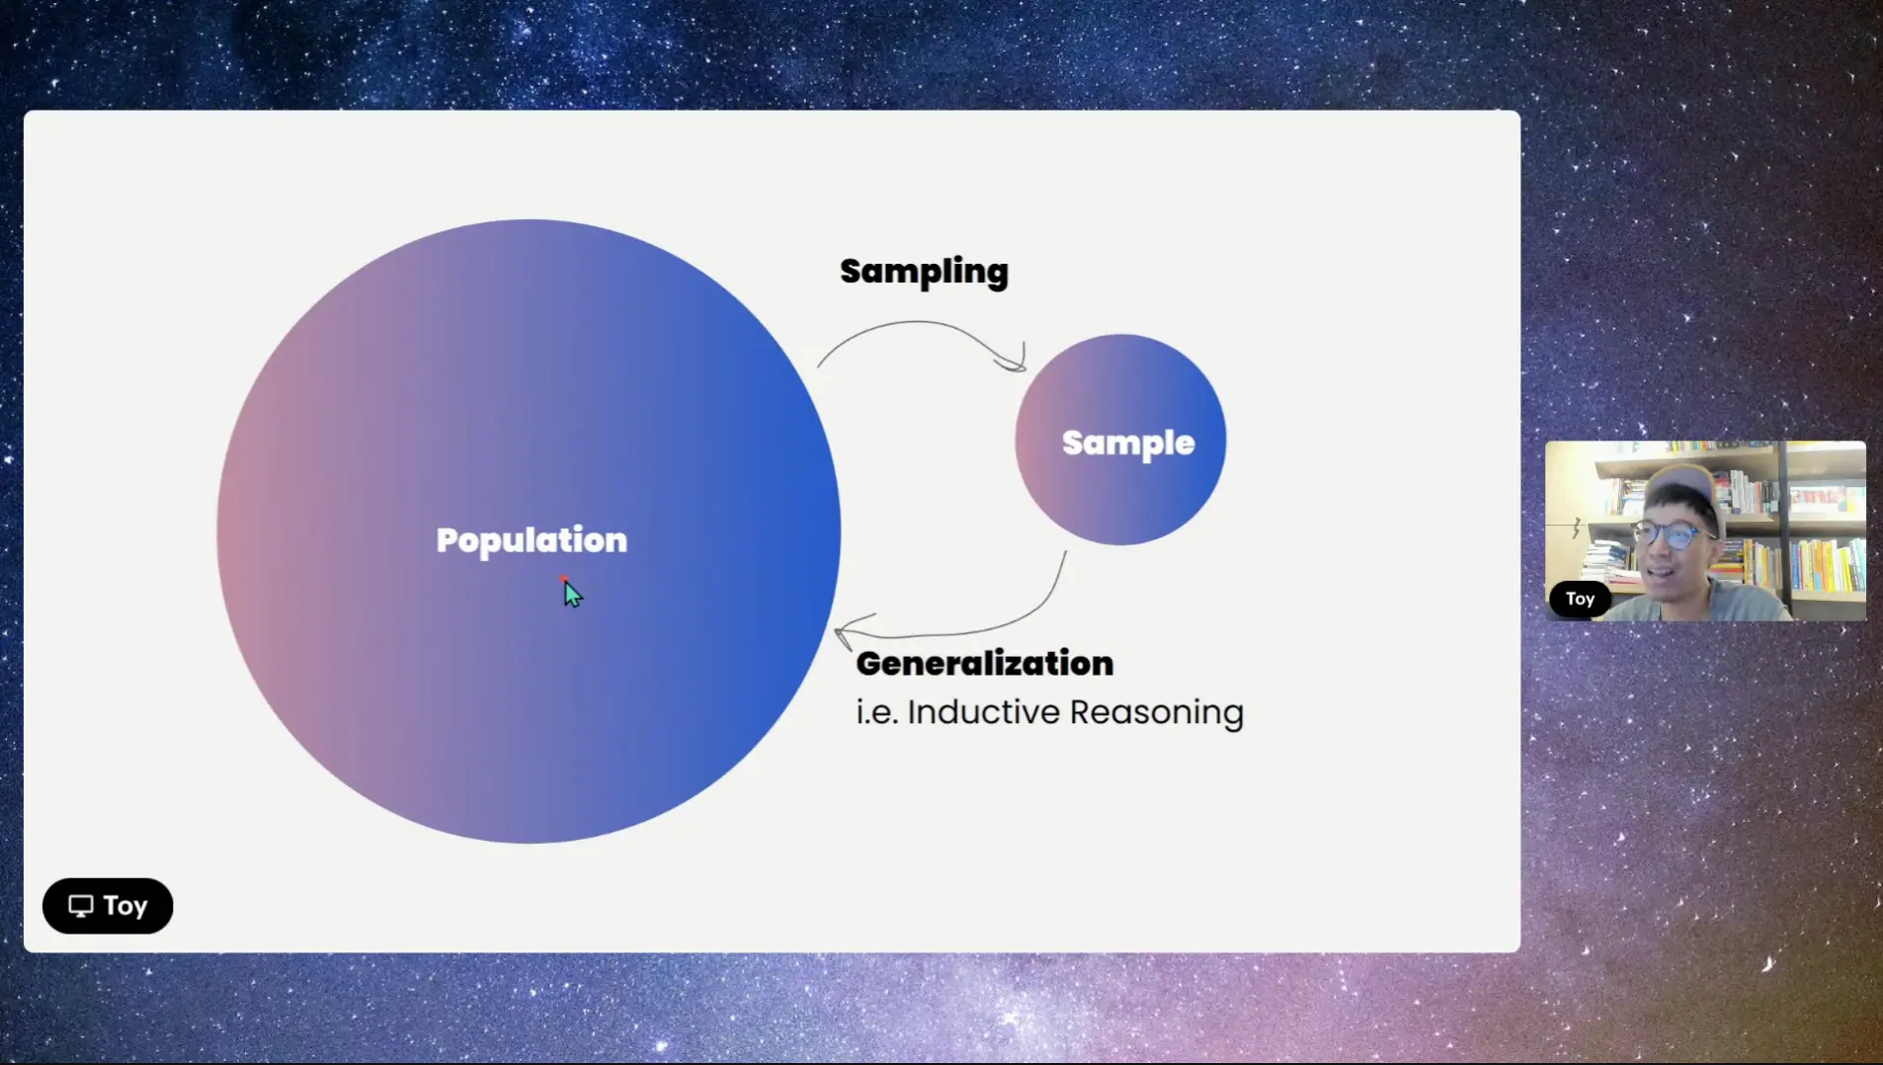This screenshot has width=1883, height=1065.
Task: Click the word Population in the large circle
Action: [532, 540]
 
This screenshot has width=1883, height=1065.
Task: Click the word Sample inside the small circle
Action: [1128, 444]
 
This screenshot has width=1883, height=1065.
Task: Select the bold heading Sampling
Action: [924, 272]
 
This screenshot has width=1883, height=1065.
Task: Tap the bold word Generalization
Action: [984, 663]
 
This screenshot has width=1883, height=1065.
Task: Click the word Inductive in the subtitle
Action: [983, 711]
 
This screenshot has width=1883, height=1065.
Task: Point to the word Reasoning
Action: [1156, 713]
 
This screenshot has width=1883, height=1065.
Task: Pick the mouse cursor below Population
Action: [573, 593]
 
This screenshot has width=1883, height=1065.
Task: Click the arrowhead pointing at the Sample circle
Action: [1016, 361]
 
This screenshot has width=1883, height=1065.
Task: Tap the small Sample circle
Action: [1120, 440]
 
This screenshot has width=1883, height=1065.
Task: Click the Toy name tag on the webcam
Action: [1580, 599]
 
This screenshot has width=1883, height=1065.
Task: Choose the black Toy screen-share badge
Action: [108, 906]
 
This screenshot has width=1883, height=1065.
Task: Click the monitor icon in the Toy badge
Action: [81, 906]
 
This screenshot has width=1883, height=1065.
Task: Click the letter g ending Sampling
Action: [996, 276]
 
